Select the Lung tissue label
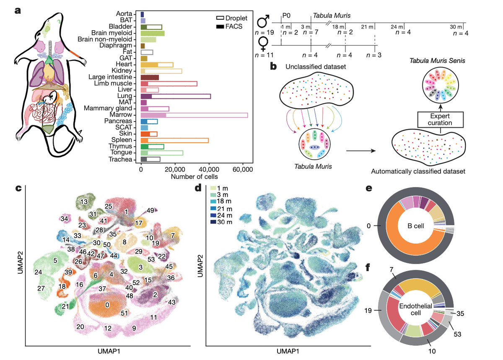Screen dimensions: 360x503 click(125, 96)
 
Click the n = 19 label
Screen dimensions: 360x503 click(263, 32)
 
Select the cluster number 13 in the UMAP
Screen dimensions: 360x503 click(84, 202)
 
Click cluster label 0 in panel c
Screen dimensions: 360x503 click(107, 305)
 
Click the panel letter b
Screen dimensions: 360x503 click(273, 66)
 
